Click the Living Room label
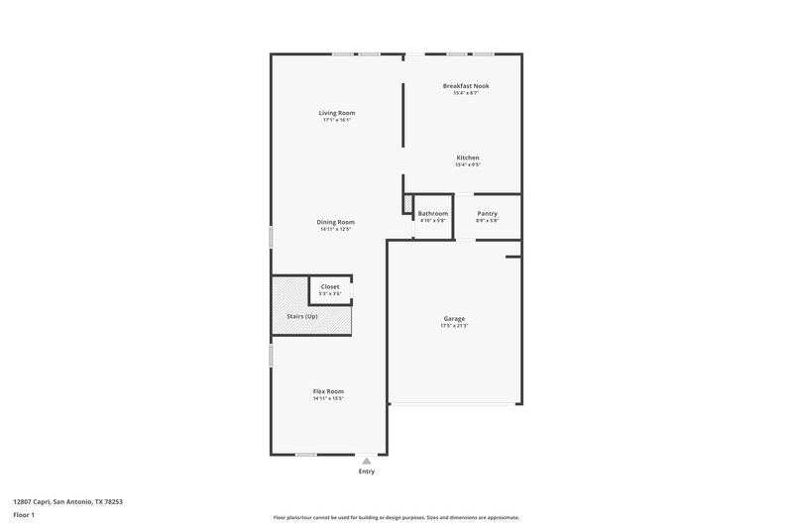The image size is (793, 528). click(x=337, y=113)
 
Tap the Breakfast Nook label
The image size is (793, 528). click(x=465, y=86)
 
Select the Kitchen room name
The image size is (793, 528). click(x=468, y=158)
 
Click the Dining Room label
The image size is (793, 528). click(x=336, y=222)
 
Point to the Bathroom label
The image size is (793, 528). click(x=433, y=213)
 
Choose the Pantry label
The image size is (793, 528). click(x=487, y=213)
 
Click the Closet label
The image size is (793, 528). click(x=330, y=286)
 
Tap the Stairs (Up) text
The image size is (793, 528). click(x=302, y=316)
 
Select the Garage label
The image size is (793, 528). click(x=454, y=318)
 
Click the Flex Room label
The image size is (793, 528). click(x=328, y=391)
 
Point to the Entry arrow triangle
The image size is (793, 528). click(x=367, y=461)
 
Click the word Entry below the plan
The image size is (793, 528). click(x=367, y=472)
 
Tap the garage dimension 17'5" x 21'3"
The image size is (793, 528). click(x=454, y=325)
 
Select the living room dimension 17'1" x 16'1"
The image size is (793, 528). click(x=337, y=120)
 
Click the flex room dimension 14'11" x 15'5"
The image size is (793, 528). click(x=328, y=398)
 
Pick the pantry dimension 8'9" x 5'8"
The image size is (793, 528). click(x=487, y=220)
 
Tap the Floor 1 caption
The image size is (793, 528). click(x=23, y=516)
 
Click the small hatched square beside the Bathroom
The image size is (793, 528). click(x=407, y=204)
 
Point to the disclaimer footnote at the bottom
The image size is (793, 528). click(x=396, y=517)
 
